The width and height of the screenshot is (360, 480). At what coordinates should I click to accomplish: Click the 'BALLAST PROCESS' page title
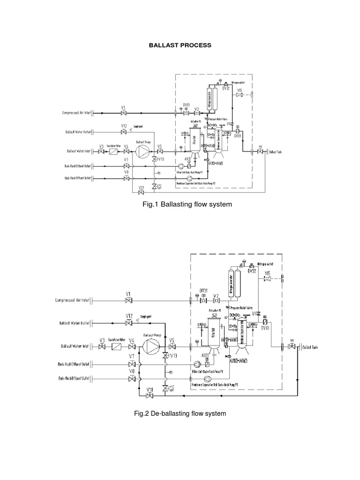coord(180,45)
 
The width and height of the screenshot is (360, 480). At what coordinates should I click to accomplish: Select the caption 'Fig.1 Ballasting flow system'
coord(180,205)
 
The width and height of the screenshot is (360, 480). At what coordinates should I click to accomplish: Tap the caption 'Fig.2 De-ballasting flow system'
coord(180,413)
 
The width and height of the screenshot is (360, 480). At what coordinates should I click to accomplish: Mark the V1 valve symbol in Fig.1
coord(123,113)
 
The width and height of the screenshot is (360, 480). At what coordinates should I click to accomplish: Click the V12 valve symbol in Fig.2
coord(129,323)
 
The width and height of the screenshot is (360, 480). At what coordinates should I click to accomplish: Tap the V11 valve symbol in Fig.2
coord(150,396)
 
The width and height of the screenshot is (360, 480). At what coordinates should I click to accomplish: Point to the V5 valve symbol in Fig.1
coord(160,152)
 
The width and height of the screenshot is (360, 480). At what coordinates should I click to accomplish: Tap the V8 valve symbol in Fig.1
coord(126,179)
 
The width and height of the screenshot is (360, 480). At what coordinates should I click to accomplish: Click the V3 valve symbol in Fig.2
coord(102,347)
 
